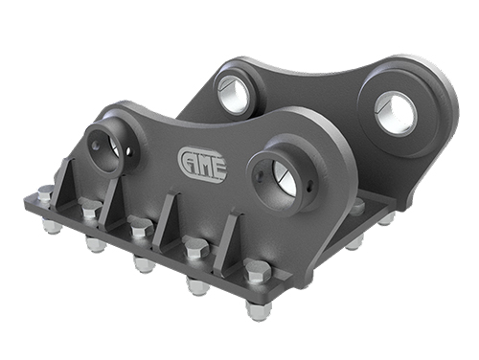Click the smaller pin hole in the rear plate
[234, 93]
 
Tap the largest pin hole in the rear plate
[396, 114]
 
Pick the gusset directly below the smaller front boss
[111, 203]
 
